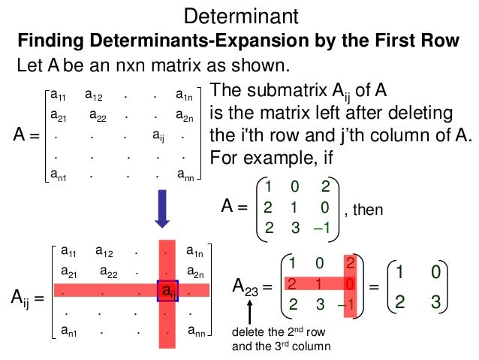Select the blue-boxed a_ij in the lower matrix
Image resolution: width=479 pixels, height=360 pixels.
[x=167, y=290]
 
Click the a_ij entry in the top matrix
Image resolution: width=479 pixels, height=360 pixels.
[x=158, y=137]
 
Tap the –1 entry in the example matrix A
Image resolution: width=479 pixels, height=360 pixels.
[x=322, y=227]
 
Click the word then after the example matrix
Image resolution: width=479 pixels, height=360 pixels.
[x=368, y=210]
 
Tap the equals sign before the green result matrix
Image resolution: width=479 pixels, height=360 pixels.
[x=373, y=286]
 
